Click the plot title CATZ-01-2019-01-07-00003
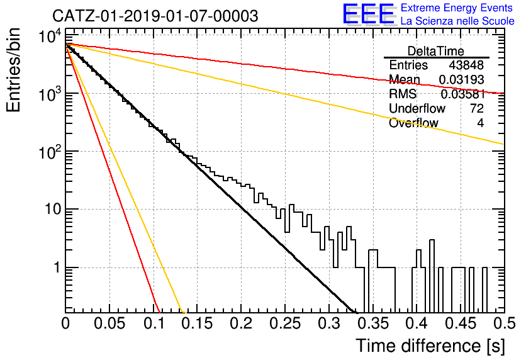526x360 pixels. pos(155,16)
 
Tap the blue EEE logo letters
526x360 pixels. pos(369,14)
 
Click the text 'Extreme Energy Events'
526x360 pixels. pos(457,8)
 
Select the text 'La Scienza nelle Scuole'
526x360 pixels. pos(457,21)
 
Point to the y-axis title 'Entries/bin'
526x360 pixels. pos(13,70)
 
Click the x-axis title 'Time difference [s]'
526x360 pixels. pos(430,346)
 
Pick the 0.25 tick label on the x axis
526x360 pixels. pos(285,323)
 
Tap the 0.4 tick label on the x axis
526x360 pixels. pos(417,323)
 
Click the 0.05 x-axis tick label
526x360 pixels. pos(109,323)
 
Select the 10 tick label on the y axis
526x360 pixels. pos(53,210)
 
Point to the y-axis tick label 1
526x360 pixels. pos(57,267)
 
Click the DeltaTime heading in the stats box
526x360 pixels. pos(436,51)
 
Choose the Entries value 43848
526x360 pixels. pos(466,65)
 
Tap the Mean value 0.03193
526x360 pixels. pos(461,79)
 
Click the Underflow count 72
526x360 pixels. pos(477,108)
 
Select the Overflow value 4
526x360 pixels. pos(480,123)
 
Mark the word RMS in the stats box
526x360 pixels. pos(403,94)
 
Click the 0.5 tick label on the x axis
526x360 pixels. pos(504,323)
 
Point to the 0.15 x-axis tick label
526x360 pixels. pos(198,323)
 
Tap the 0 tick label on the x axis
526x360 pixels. pos(65,323)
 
